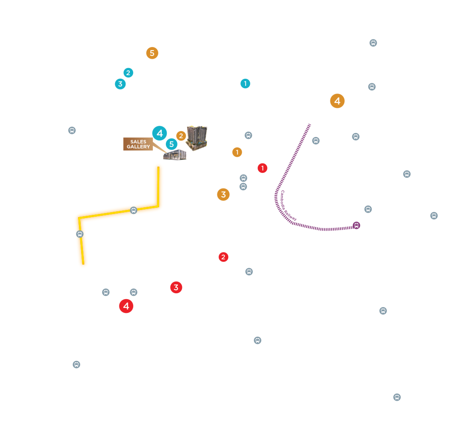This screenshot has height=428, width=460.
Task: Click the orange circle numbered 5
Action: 152,53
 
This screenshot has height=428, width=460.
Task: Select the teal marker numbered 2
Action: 128,73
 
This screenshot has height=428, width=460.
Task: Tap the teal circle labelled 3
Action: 120,84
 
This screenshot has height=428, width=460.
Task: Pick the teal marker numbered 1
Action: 245,83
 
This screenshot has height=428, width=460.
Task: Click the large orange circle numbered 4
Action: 337,101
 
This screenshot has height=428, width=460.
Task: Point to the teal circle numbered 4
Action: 160,133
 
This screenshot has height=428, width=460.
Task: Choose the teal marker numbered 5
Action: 171,144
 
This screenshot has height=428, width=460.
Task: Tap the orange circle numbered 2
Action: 181,136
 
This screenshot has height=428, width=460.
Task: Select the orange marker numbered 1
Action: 237,152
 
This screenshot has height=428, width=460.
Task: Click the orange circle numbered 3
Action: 223,194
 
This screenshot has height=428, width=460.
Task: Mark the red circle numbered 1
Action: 262,168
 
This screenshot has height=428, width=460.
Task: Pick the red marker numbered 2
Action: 223,257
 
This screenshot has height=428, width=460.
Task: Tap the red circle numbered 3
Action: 176,287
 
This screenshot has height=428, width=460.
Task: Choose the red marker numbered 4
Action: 126,306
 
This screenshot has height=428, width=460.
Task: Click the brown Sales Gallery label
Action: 138,144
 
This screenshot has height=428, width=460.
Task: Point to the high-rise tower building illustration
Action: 197,137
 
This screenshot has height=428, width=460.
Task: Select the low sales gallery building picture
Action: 174,155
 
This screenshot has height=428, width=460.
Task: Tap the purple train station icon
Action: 356,225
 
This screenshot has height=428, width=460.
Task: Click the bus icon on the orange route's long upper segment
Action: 133,210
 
